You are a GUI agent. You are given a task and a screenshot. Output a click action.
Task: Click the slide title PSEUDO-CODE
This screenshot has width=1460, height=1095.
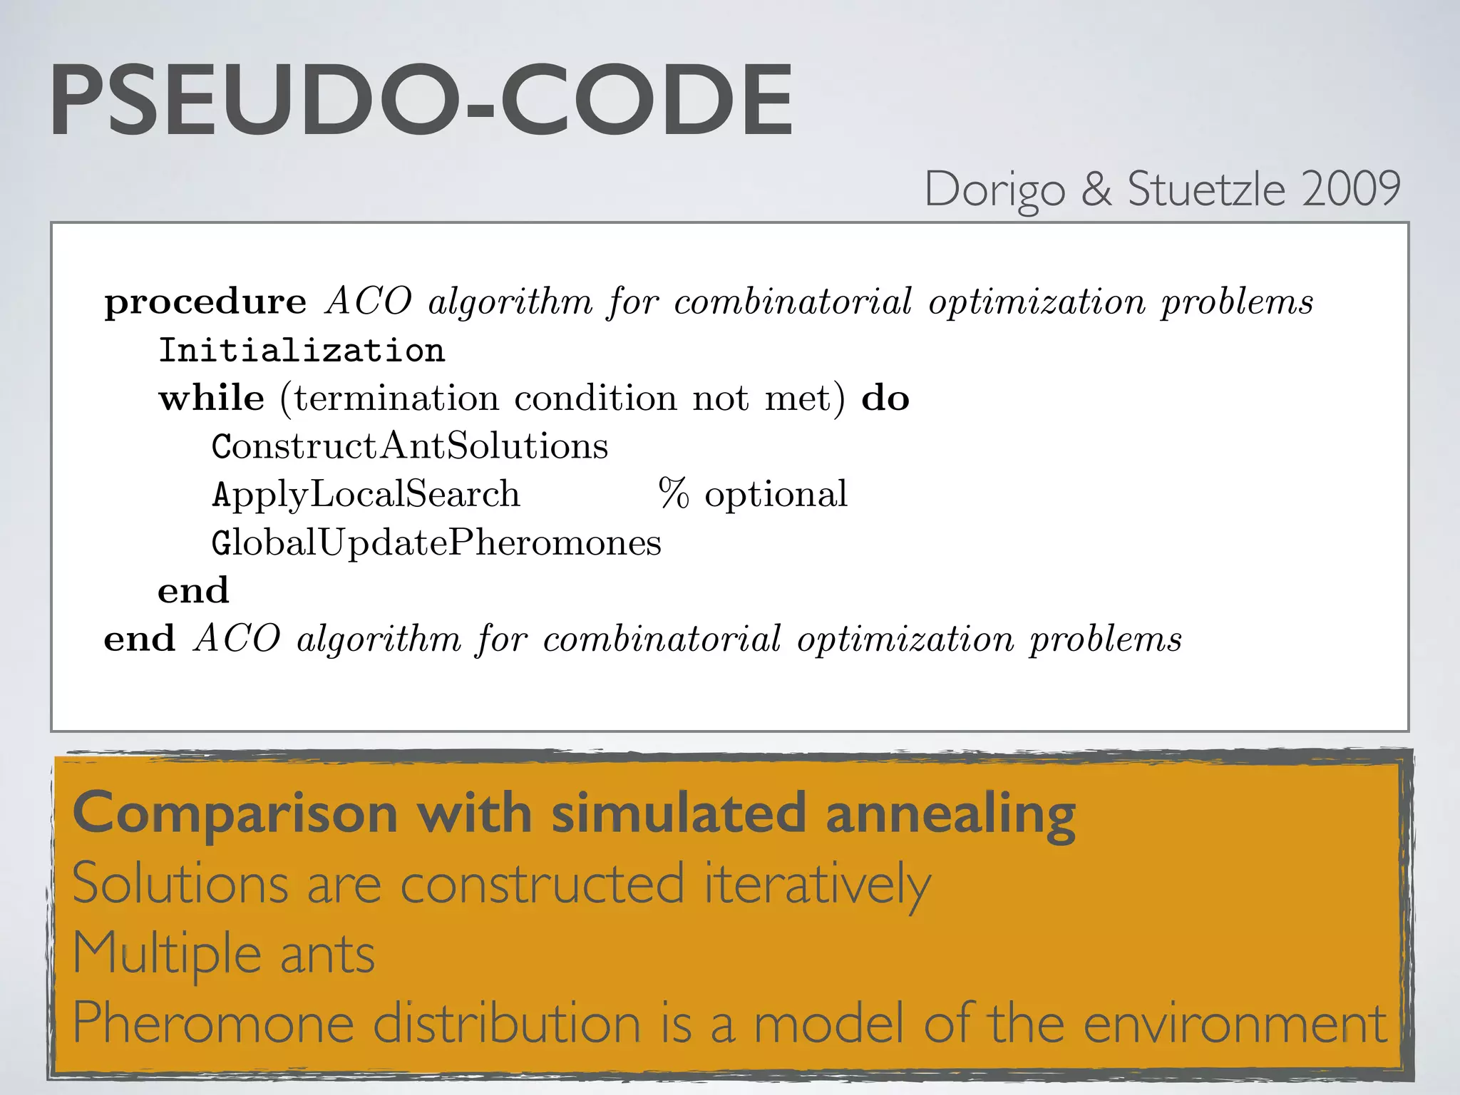pyautogui.click(x=421, y=101)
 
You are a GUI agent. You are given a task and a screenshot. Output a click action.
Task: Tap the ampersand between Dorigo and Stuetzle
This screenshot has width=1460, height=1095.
pyautogui.click(x=1096, y=190)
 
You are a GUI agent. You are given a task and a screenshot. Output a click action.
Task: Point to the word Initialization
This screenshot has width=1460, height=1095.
pyautogui.click(x=302, y=351)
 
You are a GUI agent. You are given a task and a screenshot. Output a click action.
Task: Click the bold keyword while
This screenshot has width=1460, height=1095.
pyautogui.click(x=212, y=398)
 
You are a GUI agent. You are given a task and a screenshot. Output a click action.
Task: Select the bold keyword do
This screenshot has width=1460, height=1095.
pyautogui.click(x=885, y=398)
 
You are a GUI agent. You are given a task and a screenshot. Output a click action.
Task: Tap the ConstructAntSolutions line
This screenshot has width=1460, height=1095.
pyautogui.click(x=410, y=446)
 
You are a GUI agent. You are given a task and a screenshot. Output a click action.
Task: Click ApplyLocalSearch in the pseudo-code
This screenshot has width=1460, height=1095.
pyautogui.click(x=366, y=494)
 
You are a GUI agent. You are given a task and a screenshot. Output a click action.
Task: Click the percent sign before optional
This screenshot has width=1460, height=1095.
pyautogui.click(x=673, y=493)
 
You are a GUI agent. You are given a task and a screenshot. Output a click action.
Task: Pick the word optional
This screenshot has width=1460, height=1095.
pyautogui.click(x=776, y=494)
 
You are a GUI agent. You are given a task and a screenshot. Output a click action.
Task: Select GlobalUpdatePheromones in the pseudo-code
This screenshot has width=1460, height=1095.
pyautogui.click(x=436, y=543)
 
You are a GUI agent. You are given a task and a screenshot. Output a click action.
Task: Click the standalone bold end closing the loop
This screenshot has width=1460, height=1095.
pyautogui.click(x=193, y=591)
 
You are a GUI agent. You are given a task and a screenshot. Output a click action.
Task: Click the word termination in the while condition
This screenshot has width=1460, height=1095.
pyautogui.click(x=396, y=398)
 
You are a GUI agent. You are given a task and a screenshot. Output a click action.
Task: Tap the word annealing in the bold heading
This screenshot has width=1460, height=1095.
pyautogui.click(x=950, y=814)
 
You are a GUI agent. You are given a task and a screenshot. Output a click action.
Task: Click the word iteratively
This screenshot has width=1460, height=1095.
pyautogui.click(x=817, y=884)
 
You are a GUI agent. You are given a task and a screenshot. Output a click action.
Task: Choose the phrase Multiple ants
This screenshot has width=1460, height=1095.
pyautogui.click(x=224, y=954)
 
